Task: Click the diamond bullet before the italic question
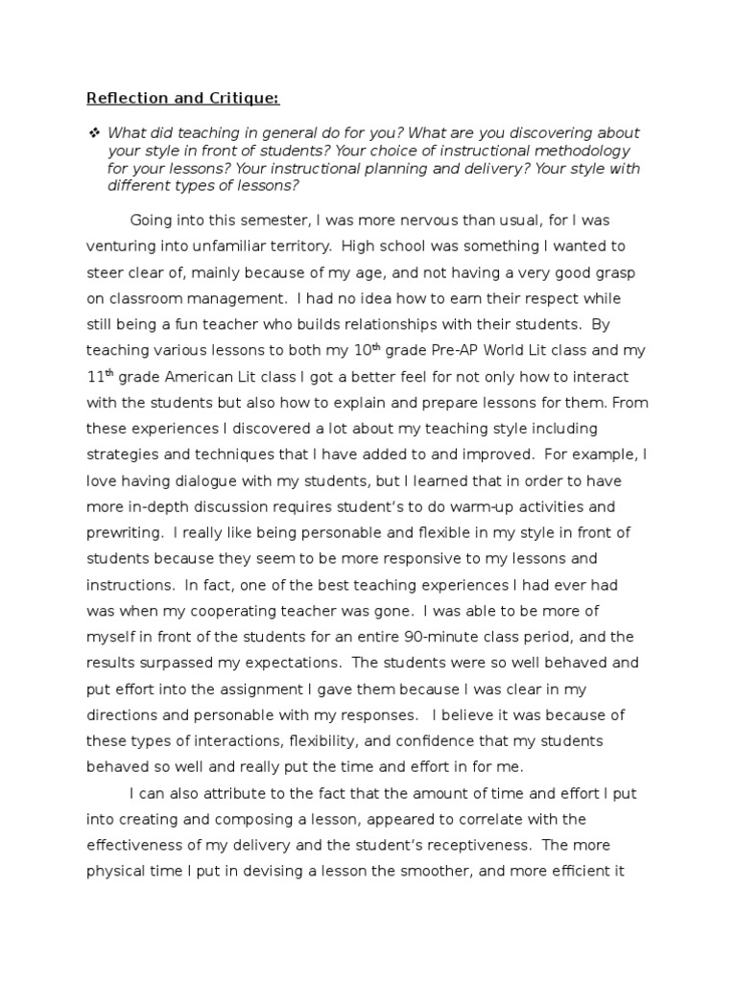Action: tap(93, 133)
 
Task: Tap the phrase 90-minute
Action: tap(439, 637)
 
